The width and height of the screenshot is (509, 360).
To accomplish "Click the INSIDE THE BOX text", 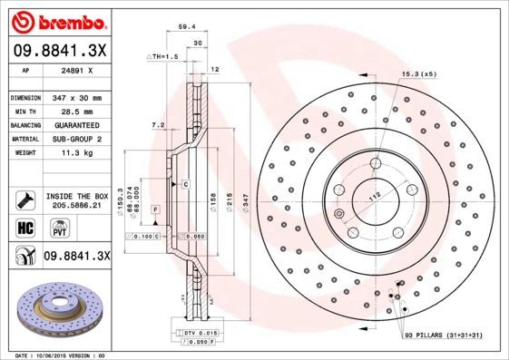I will (77, 196).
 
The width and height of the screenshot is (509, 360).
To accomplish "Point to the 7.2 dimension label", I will (156, 124).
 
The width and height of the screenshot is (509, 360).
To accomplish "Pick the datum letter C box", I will (185, 184).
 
